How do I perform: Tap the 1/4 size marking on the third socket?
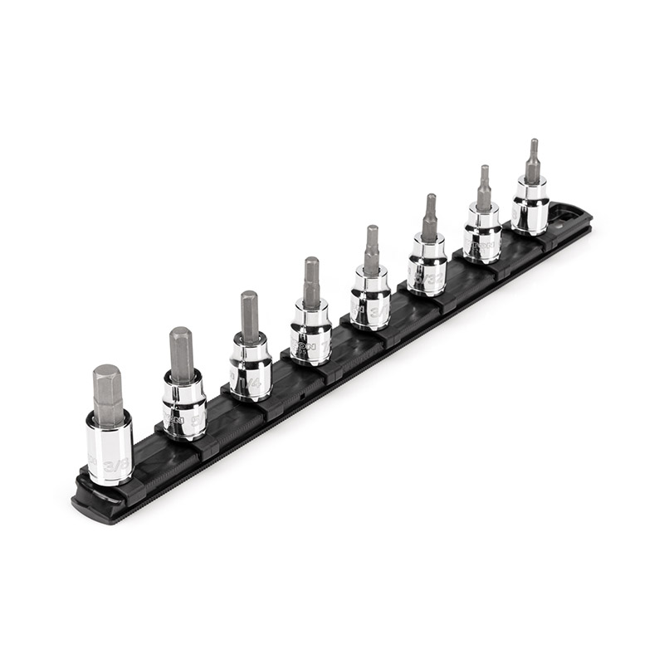(255, 383)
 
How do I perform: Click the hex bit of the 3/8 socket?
(107, 396)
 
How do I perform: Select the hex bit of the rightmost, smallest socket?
(532, 162)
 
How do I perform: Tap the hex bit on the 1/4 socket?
(250, 318)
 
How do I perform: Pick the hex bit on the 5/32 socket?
(429, 217)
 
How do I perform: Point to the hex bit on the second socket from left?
(181, 354)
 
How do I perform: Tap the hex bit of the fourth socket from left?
(311, 283)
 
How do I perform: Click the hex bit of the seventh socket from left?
(484, 189)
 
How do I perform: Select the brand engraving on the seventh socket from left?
(476, 247)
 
